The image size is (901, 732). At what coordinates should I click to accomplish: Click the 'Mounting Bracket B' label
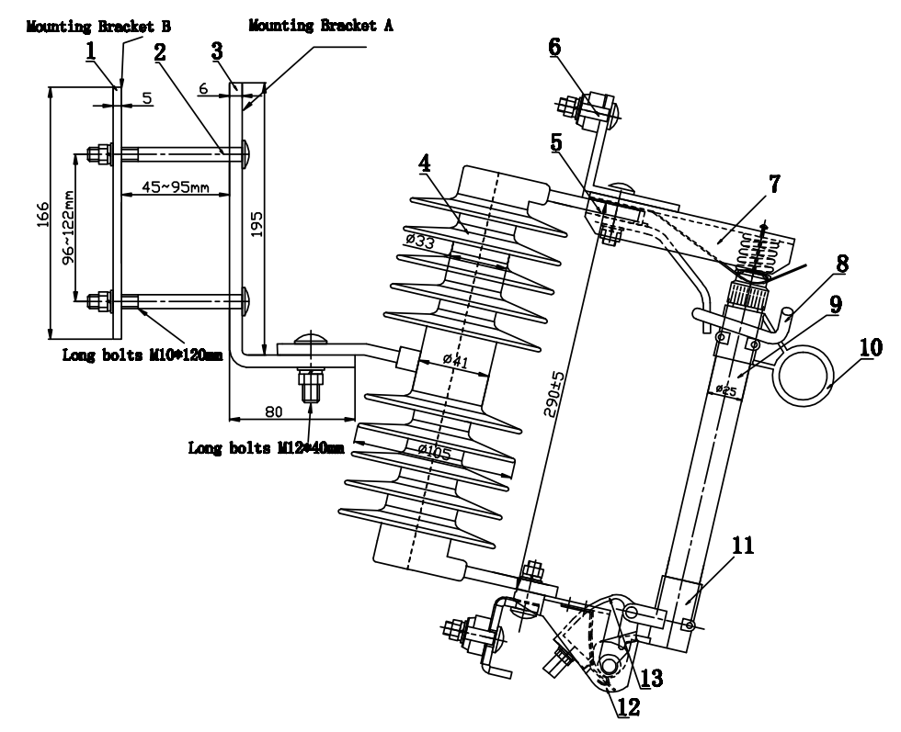click(98, 27)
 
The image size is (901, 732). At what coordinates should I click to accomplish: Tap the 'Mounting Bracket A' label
click(321, 26)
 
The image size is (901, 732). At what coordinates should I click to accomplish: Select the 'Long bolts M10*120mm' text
click(142, 355)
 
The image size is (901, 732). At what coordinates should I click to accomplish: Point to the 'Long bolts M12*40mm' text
click(267, 447)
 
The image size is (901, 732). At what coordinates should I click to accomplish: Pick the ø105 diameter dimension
click(434, 453)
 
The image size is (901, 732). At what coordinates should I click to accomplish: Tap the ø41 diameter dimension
click(456, 361)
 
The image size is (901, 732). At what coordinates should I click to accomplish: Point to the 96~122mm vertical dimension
click(68, 227)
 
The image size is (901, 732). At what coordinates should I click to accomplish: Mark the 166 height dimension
click(43, 214)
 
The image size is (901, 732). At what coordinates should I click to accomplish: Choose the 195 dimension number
click(257, 224)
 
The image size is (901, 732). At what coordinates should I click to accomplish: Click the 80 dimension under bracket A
click(274, 411)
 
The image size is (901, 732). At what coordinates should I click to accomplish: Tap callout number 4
click(424, 163)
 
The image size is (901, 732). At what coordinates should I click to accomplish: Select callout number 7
click(774, 185)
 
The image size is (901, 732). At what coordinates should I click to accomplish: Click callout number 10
click(872, 348)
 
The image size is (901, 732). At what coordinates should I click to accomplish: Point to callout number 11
click(743, 546)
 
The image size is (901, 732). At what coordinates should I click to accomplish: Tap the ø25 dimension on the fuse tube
click(726, 391)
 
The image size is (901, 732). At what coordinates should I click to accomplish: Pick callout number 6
click(554, 47)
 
